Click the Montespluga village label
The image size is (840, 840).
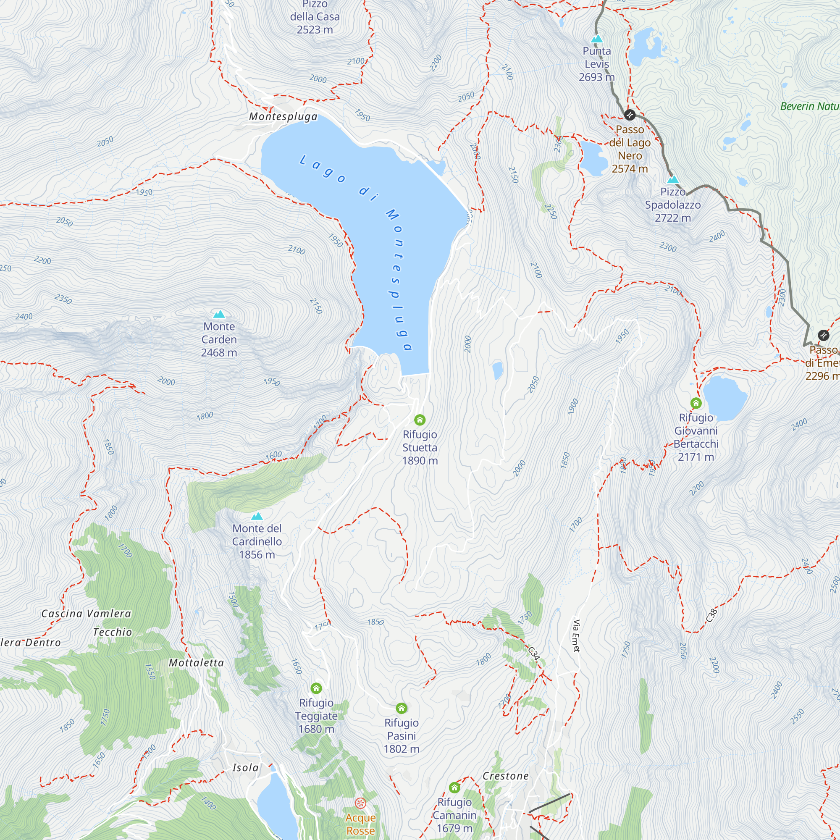click(x=283, y=116)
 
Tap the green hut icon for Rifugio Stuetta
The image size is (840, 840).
click(x=420, y=420)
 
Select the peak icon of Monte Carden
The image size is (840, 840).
click(x=219, y=314)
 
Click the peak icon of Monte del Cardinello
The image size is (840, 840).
click(x=257, y=516)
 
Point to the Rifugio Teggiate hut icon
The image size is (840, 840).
click(x=316, y=688)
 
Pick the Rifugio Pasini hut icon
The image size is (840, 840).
click(x=401, y=708)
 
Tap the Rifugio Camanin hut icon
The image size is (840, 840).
click(x=454, y=787)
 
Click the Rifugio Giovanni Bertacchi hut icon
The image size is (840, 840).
click(x=696, y=403)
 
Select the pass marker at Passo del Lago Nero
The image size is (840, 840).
click(x=630, y=115)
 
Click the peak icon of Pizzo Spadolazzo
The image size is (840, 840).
click(x=672, y=179)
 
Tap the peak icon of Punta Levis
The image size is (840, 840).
click(x=597, y=39)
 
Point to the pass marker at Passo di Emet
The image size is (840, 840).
click(x=824, y=335)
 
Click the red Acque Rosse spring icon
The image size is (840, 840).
click(x=360, y=803)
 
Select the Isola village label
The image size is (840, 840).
click(x=245, y=767)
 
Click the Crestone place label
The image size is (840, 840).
click(x=506, y=776)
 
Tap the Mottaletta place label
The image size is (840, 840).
click(x=196, y=663)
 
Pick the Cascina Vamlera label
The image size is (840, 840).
click(x=86, y=614)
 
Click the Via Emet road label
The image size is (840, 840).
click(x=577, y=635)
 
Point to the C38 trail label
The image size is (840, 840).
click(x=711, y=615)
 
